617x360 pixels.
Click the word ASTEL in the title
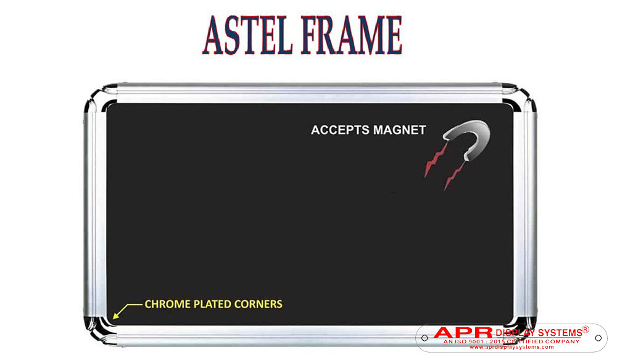(248, 35)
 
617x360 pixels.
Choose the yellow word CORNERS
(258, 304)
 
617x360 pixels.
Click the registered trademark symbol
(586, 329)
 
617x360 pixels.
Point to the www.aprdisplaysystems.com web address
(511, 347)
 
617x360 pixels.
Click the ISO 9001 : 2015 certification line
(511, 341)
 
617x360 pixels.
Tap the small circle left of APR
(424, 338)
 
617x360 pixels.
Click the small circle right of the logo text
(598, 338)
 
